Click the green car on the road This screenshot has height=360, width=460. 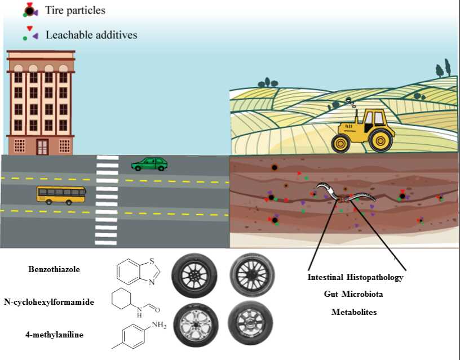click(149, 164)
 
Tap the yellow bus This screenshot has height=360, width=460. click(61, 194)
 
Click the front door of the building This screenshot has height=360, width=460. click(42, 146)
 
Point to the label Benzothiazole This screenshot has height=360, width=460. click(54, 269)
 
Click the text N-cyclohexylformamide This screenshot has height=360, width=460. click(49, 302)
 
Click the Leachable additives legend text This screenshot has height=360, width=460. click(91, 35)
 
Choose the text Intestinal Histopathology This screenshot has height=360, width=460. click(356, 278)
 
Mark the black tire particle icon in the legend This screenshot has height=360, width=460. click(29, 10)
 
